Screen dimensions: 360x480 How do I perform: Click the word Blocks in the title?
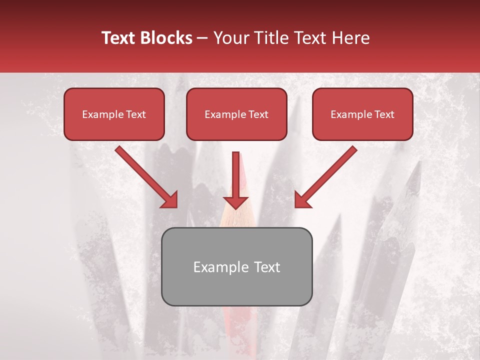165,38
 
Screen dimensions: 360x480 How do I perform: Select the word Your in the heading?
230,38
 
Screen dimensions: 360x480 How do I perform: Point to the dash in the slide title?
203,38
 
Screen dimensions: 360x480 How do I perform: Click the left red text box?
114,114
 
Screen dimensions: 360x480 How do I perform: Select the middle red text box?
236,114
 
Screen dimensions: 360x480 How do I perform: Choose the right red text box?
362,114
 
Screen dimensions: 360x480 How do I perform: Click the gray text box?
236,266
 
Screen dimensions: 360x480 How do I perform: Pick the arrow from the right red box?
325,177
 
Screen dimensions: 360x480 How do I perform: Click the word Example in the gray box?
217,267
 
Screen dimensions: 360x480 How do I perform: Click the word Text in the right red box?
384,114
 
